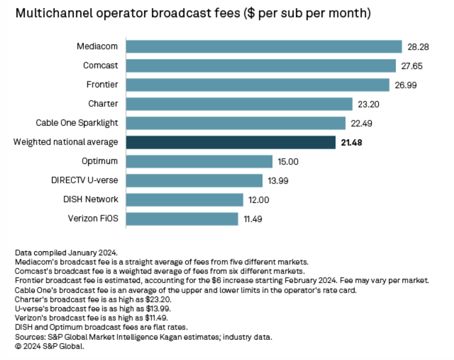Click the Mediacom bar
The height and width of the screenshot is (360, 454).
[x=264, y=46]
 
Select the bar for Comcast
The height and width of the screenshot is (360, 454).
[x=260, y=66]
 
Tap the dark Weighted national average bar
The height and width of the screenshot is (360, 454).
[x=231, y=142]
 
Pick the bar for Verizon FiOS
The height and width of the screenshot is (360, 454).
[x=182, y=219]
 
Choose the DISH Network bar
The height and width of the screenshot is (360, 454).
[x=184, y=200]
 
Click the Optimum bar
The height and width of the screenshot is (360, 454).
[x=199, y=161]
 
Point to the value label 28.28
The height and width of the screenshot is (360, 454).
[x=417, y=47]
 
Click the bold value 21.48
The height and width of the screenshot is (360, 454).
[x=351, y=143]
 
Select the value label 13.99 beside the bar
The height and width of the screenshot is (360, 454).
[x=278, y=181]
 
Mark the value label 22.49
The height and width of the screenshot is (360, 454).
[x=361, y=123]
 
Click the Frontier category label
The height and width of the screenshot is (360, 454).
[x=102, y=85]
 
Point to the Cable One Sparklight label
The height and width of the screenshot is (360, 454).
[x=77, y=123]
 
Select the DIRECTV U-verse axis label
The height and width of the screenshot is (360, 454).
[x=84, y=180]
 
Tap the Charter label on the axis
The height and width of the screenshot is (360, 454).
[x=103, y=104]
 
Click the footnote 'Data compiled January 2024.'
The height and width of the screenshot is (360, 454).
[x=66, y=252]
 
